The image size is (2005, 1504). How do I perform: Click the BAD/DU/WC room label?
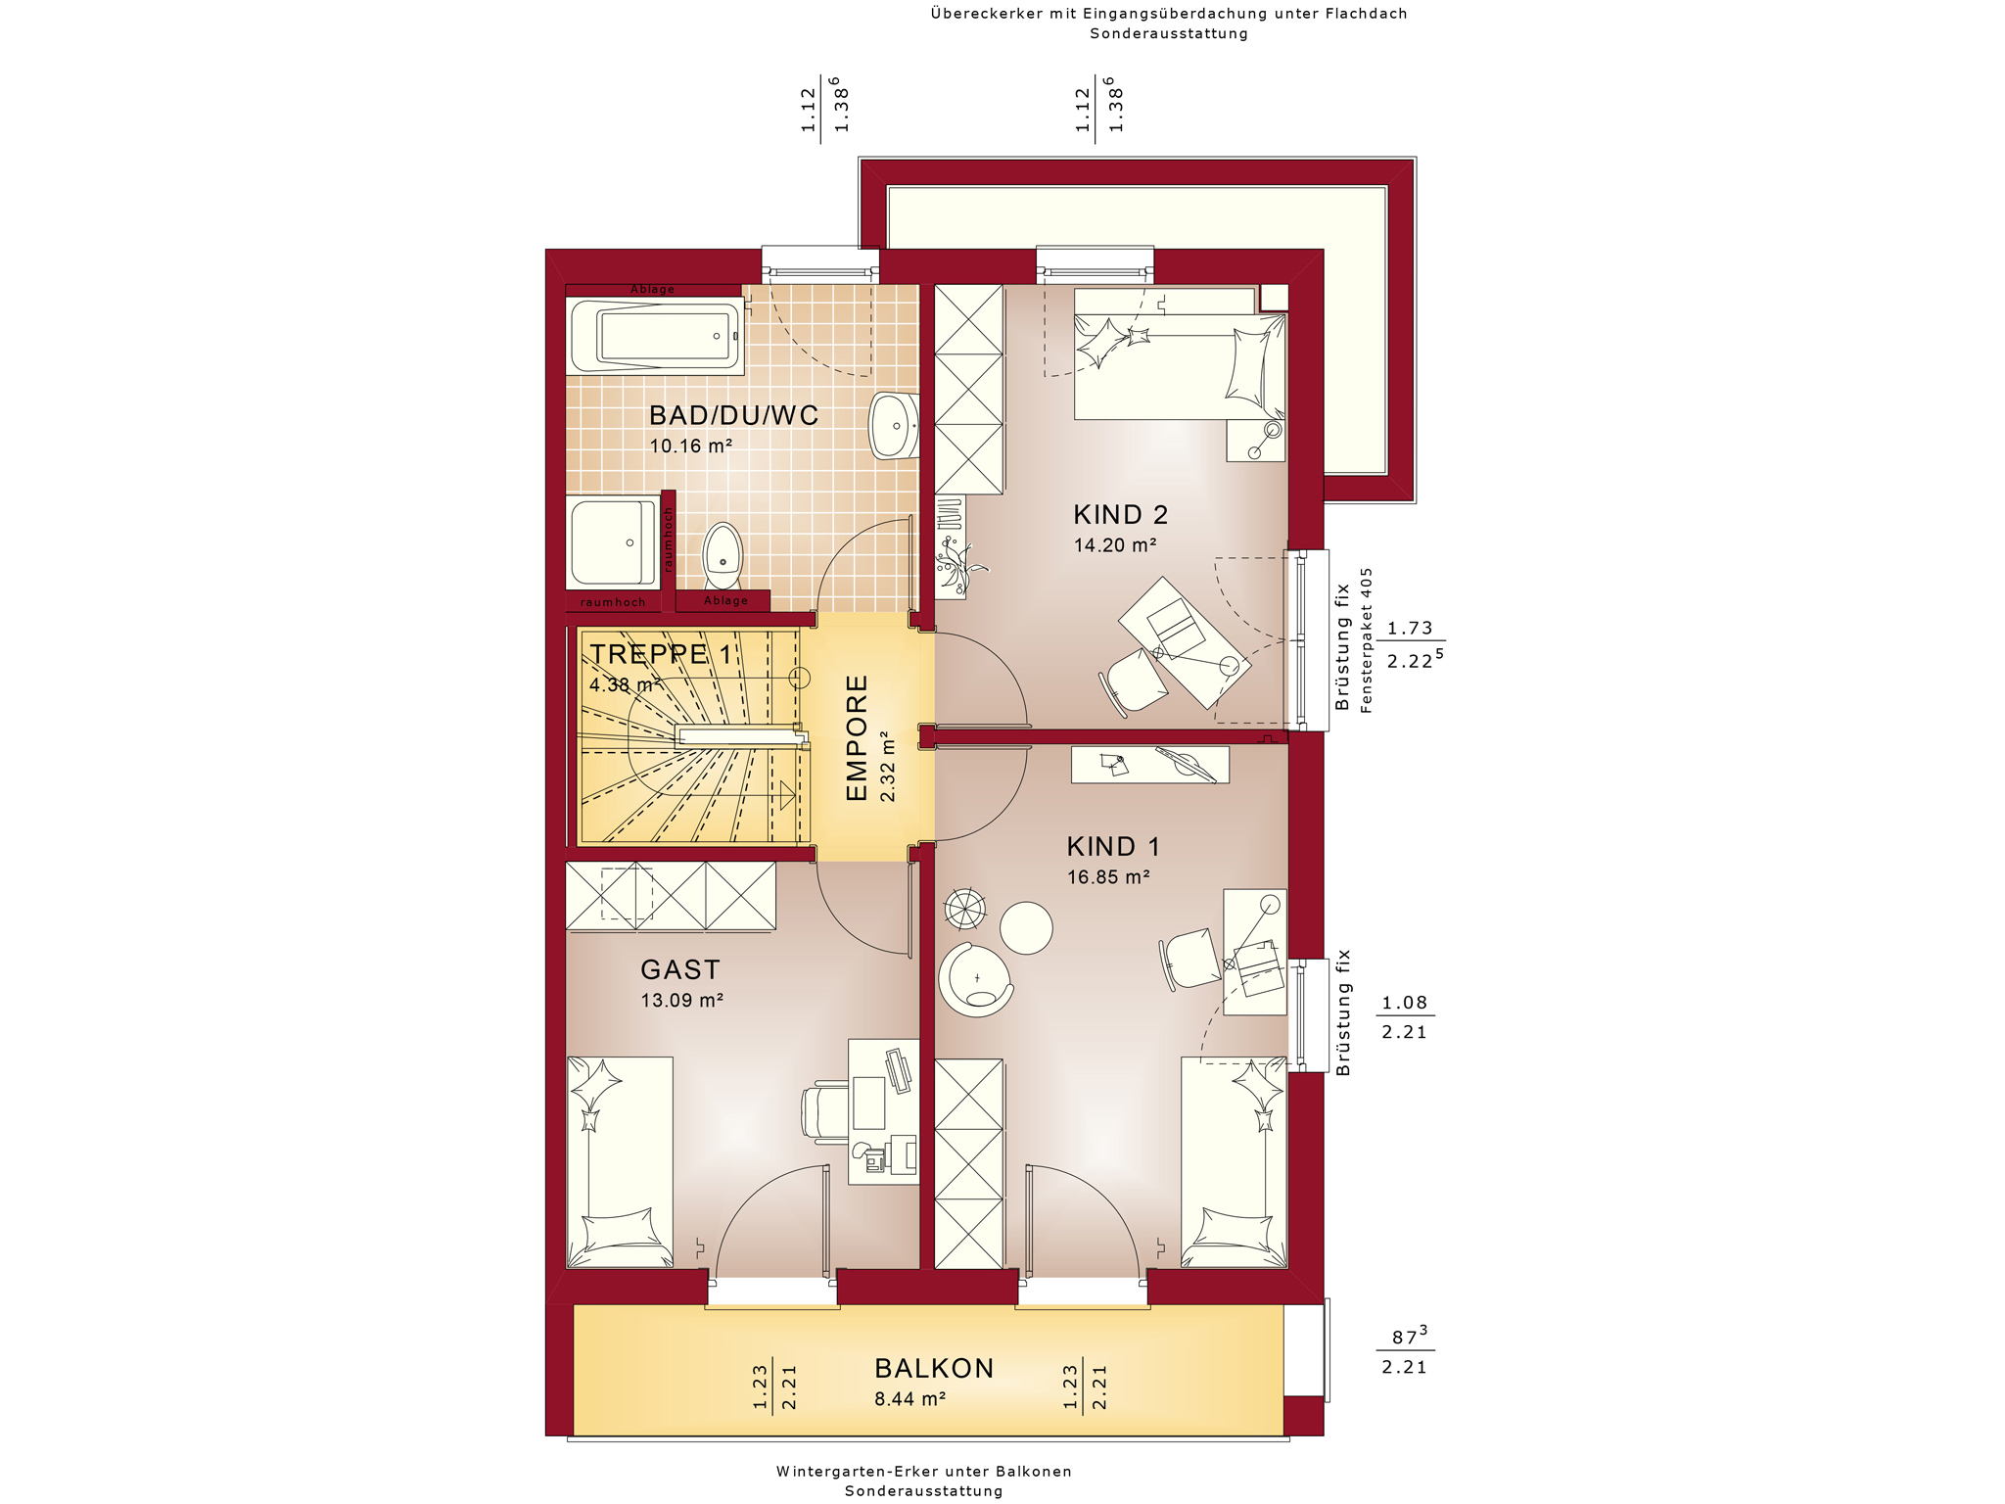click(733, 415)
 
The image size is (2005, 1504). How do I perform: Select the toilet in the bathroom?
click(723, 555)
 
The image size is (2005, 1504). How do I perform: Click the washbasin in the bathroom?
click(893, 426)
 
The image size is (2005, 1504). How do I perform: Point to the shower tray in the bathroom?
click(614, 542)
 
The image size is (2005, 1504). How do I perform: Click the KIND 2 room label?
click(1120, 514)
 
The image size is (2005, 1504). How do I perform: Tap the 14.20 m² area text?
click(1115, 545)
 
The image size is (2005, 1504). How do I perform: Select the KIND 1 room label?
click(1113, 846)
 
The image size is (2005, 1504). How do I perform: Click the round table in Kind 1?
click(1026, 927)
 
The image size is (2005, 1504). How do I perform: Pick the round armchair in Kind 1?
click(975, 979)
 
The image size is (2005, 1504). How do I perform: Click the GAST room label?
click(680, 969)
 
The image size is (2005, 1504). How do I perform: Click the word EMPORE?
click(857, 738)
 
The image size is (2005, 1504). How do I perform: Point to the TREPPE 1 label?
click(661, 654)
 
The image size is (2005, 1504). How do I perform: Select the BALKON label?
click(934, 1368)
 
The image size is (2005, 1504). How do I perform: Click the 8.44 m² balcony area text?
click(910, 1399)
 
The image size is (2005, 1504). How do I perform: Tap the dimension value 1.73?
click(1410, 629)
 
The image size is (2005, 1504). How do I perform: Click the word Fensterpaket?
click(1367, 665)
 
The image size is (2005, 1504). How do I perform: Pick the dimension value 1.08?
click(1404, 1003)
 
